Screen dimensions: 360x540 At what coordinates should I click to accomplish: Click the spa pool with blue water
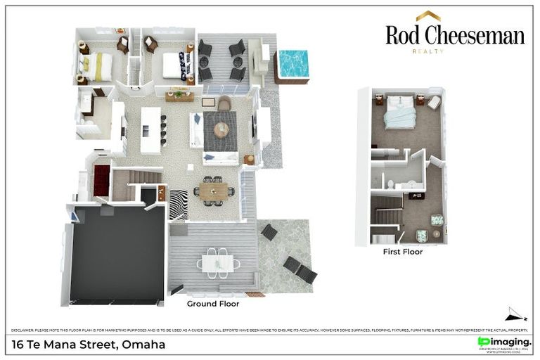click(x=294, y=64)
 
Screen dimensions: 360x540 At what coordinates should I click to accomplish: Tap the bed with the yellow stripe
click(x=96, y=67)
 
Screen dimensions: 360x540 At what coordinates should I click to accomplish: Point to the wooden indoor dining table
click(x=213, y=191)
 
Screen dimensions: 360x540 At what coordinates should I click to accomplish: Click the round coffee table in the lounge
click(x=221, y=130)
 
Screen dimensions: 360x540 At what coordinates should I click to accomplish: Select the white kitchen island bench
click(x=150, y=130)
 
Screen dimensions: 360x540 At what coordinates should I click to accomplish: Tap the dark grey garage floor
click(x=117, y=254)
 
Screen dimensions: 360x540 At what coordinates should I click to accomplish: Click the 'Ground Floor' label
click(x=212, y=304)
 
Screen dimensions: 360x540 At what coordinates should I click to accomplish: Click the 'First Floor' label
click(x=402, y=251)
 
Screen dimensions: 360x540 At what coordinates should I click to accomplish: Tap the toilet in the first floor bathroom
click(x=390, y=185)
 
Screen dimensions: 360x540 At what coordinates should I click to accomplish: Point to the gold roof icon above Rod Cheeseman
click(x=427, y=15)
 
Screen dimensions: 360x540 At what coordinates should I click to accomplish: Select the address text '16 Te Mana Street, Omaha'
click(x=89, y=345)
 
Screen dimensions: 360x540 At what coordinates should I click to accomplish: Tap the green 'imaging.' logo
click(x=504, y=342)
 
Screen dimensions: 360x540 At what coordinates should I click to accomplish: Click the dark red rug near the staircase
click(x=102, y=180)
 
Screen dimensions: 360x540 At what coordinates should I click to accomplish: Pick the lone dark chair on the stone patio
click(x=269, y=232)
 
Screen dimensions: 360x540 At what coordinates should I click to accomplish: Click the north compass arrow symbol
click(x=515, y=315)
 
